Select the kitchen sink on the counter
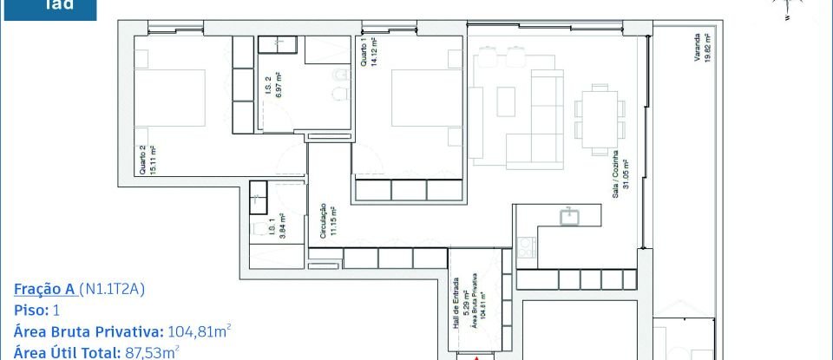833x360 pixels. coord(571,216)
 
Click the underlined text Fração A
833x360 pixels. coord(44,289)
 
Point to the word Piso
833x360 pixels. coord(30,310)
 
